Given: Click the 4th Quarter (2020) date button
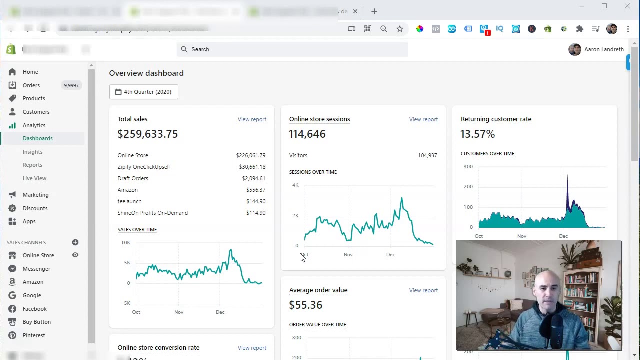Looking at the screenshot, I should coord(143,92).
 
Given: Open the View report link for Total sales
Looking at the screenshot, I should coord(252,119).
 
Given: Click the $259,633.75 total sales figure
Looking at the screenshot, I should coord(147,134).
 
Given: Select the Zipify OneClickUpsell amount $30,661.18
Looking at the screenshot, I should coord(252,167).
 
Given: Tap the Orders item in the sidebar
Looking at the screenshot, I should coord(31,85).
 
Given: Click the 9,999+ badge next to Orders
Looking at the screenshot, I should coord(71,85).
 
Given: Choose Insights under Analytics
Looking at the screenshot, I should coord(32,152).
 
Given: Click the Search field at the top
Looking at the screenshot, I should coord(292,49).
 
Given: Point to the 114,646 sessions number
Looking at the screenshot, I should coord(307,134).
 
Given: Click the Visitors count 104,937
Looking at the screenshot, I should coord(427,155).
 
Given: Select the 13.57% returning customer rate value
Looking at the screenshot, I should coord(477,134).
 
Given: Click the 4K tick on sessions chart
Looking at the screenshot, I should coord(295,185).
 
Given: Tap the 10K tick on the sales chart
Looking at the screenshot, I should coord(125,243).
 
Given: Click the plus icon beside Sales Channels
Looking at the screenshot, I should coord(75,242).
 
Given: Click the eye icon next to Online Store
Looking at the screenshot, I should coord(75,255).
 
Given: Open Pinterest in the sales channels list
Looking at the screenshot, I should coord(33,335).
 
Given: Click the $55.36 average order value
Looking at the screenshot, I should coord(305,305).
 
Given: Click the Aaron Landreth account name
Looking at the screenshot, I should coord(604,49).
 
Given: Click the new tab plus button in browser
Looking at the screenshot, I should coord(374,11).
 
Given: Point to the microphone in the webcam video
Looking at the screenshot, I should coord(557,327).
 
